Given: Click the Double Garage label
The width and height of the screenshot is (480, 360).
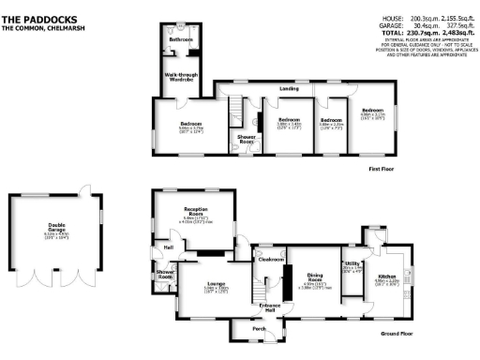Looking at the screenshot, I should pyautogui.click(x=52, y=226).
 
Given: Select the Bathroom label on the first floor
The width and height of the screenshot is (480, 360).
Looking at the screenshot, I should pyautogui.click(x=180, y=40).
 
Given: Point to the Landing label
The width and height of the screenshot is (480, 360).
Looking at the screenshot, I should pyautogui.click(x=289, y=88).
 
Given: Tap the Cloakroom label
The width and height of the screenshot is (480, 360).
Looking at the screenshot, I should pyautogui.click(x=272, y=259).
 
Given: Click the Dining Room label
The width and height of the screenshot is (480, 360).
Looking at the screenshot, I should pyautogui.click(x=315, y=277).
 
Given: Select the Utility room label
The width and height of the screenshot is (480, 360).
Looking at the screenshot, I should pyautogui.click(x=352, y=265).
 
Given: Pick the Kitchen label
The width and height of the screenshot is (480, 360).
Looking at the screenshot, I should pyautogui.click(x=388, y=277).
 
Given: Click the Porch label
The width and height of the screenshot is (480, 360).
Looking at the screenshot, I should pyautogui.click(x=258, y=329).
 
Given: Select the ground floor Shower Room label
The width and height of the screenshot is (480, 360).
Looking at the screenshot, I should pyautogui.click(x=165, y=275).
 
